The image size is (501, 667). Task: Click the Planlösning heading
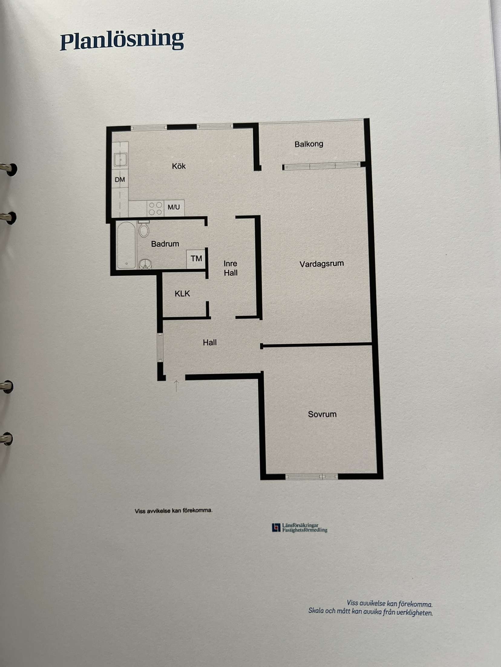pyautogui.click(x=122, y=40)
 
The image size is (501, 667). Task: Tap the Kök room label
pyautogui.click(x=178, y=166)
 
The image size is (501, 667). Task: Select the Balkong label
pyautogui.click(x=309, y=144)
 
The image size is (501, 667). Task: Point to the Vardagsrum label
pyautogui.click(x=322, y=264)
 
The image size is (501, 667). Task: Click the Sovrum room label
pyautogui.click(x=322, y=414)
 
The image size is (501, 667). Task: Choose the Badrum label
pyautogui.click(x=165, y=243)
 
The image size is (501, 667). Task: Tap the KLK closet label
pyautogui.click(x=182, y=293)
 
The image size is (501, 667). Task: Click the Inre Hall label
pyautogui.click(x=231, y=268)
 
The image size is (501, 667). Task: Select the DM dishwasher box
pyautogui.click(x=120, y=179)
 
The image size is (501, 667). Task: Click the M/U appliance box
pyautogui.click(x=174, y=208)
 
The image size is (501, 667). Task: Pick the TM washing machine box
pyautogui.click(x=196, y=259)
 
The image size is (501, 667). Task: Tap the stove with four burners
pyautogui.click(x=156, y=208)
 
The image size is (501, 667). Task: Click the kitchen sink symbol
pyautogui.click(x=120, y=159)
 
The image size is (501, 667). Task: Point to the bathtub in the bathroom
pyautogui.click(x=126, y=245)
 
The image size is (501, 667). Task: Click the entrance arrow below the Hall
pyautogui.click(x=176, y=386)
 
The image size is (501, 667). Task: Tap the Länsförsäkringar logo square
pyautogui.click(x=276, y=527)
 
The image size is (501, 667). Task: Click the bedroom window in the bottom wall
pyautogui.click(x=312, y=477)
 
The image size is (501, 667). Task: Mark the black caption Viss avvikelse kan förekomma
pyautogui.click(x=174, y=511)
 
